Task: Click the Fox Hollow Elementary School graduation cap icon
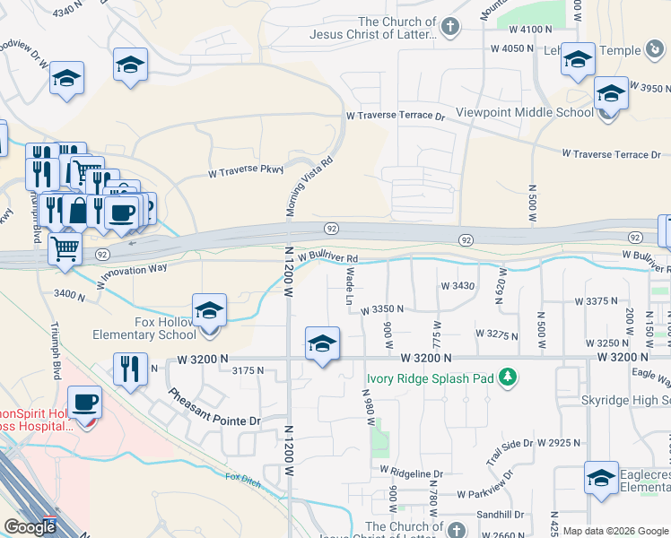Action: click(209, 312)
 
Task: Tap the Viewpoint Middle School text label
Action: click(524, 112)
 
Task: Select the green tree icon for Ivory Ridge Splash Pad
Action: click(508, 377)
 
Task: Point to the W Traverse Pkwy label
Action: click(245, 170)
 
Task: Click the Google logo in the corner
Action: click(30, 527)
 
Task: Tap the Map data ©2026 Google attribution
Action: click(614, 531)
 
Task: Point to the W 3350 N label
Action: click(381, 309)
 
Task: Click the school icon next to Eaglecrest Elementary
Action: click(600, 478)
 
